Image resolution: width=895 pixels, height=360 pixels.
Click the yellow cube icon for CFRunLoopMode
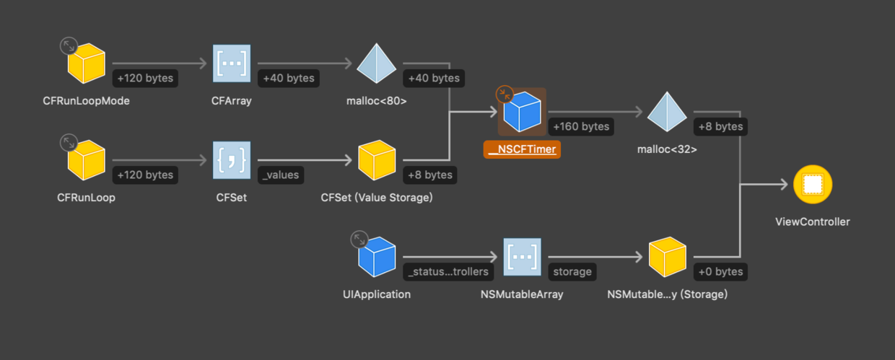[x=87, y=63]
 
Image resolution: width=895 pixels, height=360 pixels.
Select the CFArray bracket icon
[x=232, y=63]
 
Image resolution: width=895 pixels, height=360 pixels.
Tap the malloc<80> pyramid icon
[x=377, y=63]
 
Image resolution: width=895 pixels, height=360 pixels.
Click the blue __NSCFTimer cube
[x=523, y=112]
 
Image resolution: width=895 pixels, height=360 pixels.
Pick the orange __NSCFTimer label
[x=522, y=149]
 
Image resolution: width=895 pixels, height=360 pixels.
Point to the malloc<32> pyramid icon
[x=667, y=112]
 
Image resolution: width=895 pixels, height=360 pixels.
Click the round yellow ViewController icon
[x=813, y=184]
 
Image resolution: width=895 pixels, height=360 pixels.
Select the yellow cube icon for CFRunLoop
[x=87, y=160]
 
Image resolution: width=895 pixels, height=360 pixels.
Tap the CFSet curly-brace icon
[x=232, y=160]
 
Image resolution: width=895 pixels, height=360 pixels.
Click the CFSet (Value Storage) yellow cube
[x=377, y=160]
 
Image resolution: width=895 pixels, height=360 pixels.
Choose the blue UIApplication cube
[x=377, y=257]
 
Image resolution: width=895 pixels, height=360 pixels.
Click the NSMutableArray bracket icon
[x=523, y=257]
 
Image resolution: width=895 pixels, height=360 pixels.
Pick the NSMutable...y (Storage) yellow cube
[x=667, y=257]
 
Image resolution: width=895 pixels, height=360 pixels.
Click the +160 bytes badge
[x=581, y=127]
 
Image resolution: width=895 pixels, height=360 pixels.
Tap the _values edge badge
[x=281, y=175]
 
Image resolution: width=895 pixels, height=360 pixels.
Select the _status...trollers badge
[x=448, y=272]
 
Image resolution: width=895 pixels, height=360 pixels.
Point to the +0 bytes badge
[x=720, y=272]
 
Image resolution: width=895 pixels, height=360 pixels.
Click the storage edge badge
[x=572, y=272]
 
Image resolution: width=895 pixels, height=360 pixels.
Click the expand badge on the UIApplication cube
[x=359, y=240]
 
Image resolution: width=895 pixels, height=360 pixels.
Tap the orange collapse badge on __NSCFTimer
[x=505, y=95]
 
